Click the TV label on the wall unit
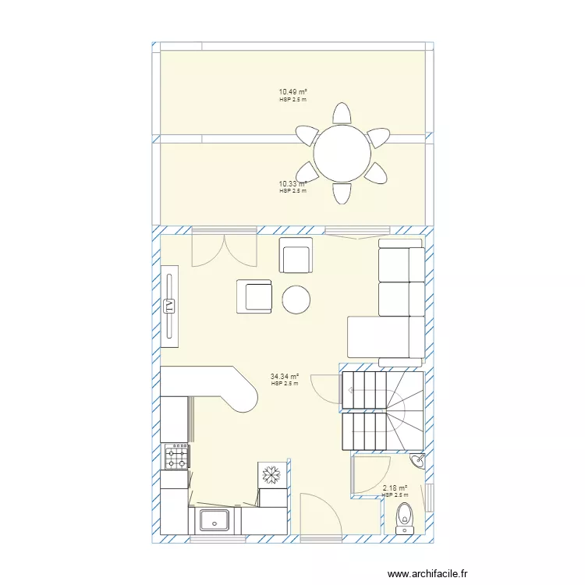(x=169, y=307)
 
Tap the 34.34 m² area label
(x=285, y=377)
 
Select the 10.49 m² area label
(x=292, y=92)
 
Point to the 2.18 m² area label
(x=395, y=488)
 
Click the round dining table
(x=342, y=154)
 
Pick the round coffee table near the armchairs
(x=296, y=300)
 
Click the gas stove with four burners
(x=177, y=456)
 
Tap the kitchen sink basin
(x=214, y=519)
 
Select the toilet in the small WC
(x=404, y=518)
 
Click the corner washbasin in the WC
(x=419, y=460)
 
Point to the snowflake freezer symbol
(x=271, y=474)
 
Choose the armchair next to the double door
(x=296, y=255)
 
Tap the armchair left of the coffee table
(x=254, y=296)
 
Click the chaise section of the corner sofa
(x=386, y=337)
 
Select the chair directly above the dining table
(x=342, y=113)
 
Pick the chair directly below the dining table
(x=342, y=193)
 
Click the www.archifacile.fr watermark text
(x=427, y=573)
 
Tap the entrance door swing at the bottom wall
(x=321, y=514)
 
